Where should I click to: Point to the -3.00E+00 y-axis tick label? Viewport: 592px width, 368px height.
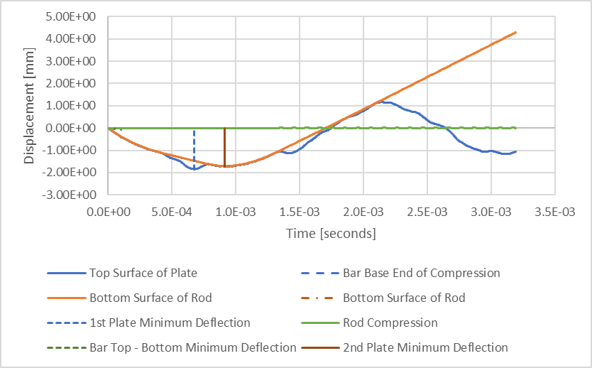pyautogui.click(x=77, y=195)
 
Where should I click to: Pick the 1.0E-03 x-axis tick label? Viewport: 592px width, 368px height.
pyautogui.click(x=236, y=212)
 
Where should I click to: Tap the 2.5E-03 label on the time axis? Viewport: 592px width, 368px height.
pyautogui.click(x=427, y=212)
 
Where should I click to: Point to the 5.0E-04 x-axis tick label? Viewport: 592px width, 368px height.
pyautogui.click(x=172, y=212)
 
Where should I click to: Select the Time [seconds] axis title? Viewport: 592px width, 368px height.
pyautogui.click(x=331, y=233)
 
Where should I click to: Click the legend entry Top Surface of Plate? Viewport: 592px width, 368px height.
pyautogui.click(x=143, y=273)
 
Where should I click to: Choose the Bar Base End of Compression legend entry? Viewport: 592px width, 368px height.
pyautogui.click(x=421, y=273)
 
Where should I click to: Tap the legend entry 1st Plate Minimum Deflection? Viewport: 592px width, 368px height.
pyautogui.click(x=170, y=323)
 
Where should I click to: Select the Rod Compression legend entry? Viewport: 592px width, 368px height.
pyautogui.click(x=390, y=323)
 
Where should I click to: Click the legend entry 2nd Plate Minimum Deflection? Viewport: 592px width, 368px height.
pyautogui.click(x=425, y=347)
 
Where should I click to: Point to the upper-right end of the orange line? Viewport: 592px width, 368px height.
pyautogui.click(x=515, y=32)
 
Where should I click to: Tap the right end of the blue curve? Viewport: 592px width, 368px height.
pyautogui.click(x=515, y=151)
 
